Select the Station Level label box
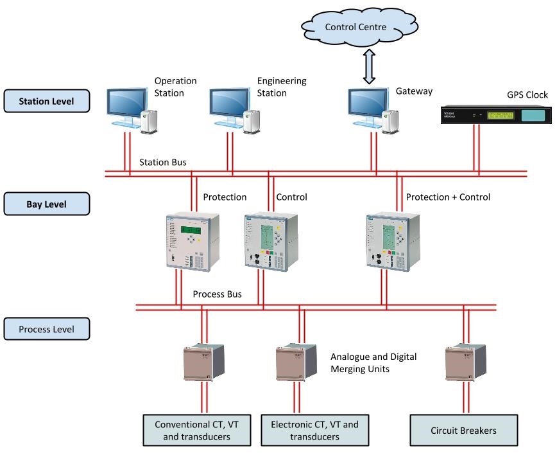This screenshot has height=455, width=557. [x=46, y=101]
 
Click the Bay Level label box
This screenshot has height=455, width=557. [x=46, y=204]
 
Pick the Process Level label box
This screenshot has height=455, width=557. [x=46, y=329]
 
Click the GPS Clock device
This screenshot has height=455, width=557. [x=494, y=116]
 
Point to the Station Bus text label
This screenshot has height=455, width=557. [x=163, y=163]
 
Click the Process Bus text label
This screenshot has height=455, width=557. [x=218, y=294]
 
